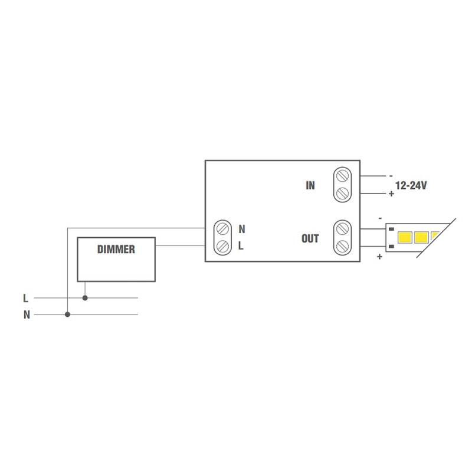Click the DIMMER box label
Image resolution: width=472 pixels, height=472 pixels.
(x=116, y=250)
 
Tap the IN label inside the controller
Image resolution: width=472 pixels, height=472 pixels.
(x=310, y=185)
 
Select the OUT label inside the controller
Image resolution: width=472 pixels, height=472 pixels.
(x=310, y=238)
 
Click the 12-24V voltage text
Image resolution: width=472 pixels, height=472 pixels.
(x=411, y=185)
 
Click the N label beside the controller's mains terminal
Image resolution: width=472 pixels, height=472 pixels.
(x=242, y=229)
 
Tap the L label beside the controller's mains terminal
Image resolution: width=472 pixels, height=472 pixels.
(x=241, y=246)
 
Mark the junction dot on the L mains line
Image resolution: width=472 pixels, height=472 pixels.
(x=85, y=298)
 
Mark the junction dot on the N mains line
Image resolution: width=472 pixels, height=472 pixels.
(x=68, y=314)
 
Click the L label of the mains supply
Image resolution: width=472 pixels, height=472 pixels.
(x=26, y=299)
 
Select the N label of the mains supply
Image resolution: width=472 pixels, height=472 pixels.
(x=27, y=315)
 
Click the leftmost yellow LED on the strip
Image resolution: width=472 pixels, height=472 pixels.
(x=406, y=238)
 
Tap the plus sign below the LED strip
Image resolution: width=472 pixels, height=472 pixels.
(x=379, y=257)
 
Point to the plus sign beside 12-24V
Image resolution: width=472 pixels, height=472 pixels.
(x=391, y=194)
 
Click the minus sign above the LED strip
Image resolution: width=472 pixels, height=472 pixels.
(x=380, y=218)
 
